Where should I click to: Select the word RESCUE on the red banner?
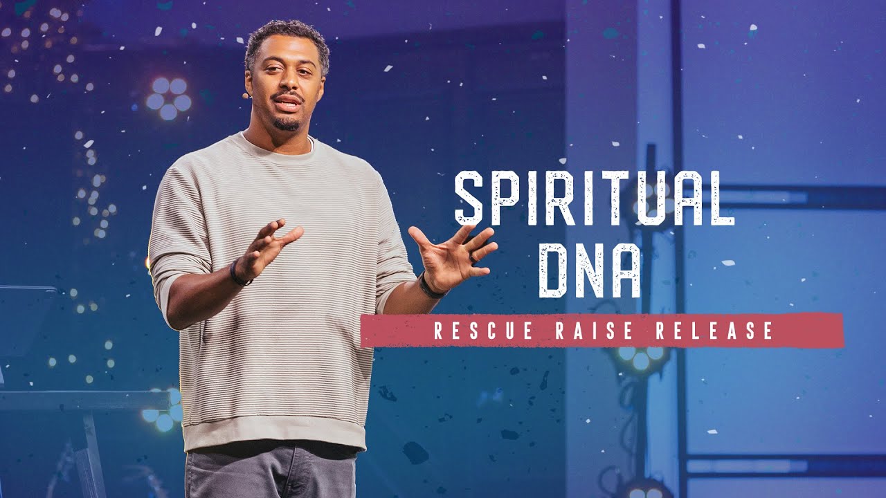pyautogui.click(x=483, y=331)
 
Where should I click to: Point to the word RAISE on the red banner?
pyautogui.click(x=595, y=331)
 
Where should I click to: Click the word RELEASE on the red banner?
pyautogui.click(x=714, y=331)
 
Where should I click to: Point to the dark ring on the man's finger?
pyautogui.click(x=473, y=257)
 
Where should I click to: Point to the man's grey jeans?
pyautogui.click(x=270, y=474)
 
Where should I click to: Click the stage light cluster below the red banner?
pyautogui.click(x=640, y=357)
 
